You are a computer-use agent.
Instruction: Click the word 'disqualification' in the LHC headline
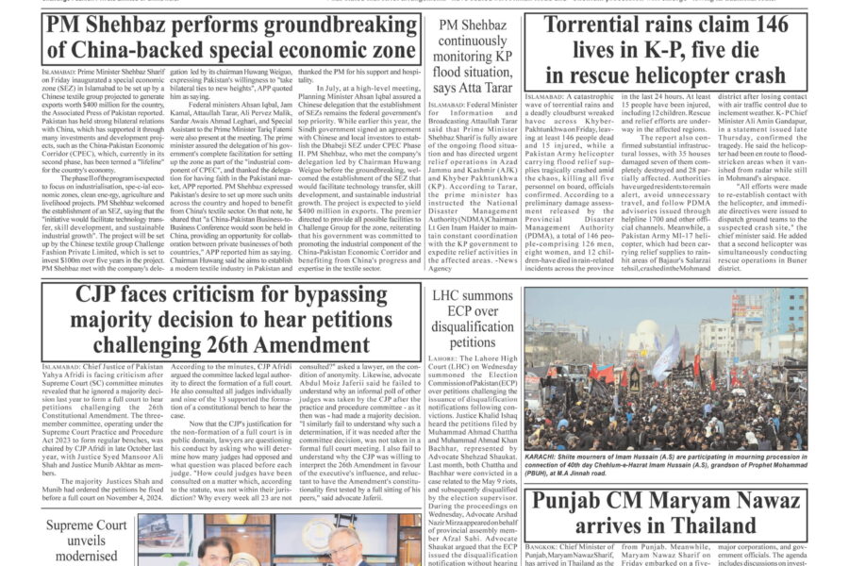click(x=471, y=329)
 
